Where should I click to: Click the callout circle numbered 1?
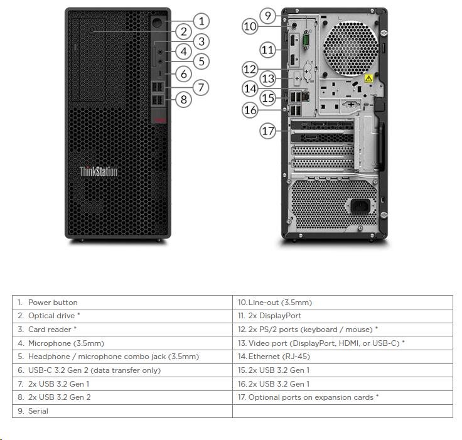[201, 21]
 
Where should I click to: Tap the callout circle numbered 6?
[184, 73]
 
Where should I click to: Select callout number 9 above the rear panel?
[268, 15]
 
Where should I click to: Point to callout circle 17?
[268, 131]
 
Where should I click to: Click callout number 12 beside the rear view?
[250, 69]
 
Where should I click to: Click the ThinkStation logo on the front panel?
[99, 171]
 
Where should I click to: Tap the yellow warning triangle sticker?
[369, 78]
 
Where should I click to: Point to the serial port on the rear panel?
[306, 40]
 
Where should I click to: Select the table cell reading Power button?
[122, 303]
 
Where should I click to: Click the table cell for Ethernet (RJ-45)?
[343, 357]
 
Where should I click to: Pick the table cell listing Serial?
[122, 411]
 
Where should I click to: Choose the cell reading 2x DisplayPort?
[343, 316]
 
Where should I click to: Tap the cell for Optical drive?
[122, 316]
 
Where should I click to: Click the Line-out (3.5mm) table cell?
[343, 303]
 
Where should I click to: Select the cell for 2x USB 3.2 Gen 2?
[122, 397]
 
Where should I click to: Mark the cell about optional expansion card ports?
[343, 397]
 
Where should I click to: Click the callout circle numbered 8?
[184, 99]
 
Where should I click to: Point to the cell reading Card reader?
[122, 330]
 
